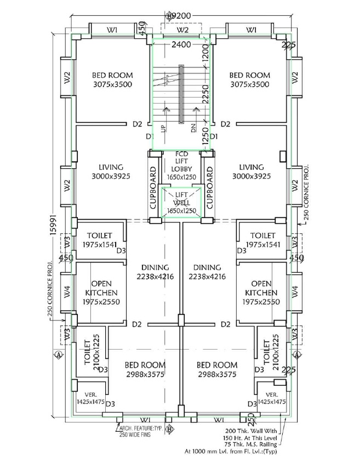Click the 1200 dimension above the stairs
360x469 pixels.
(x=205, y=54)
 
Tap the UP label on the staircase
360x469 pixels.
(x=163, y=129)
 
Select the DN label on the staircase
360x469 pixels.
(x=193, y=129)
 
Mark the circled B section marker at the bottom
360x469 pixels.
(x=169, y=429)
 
